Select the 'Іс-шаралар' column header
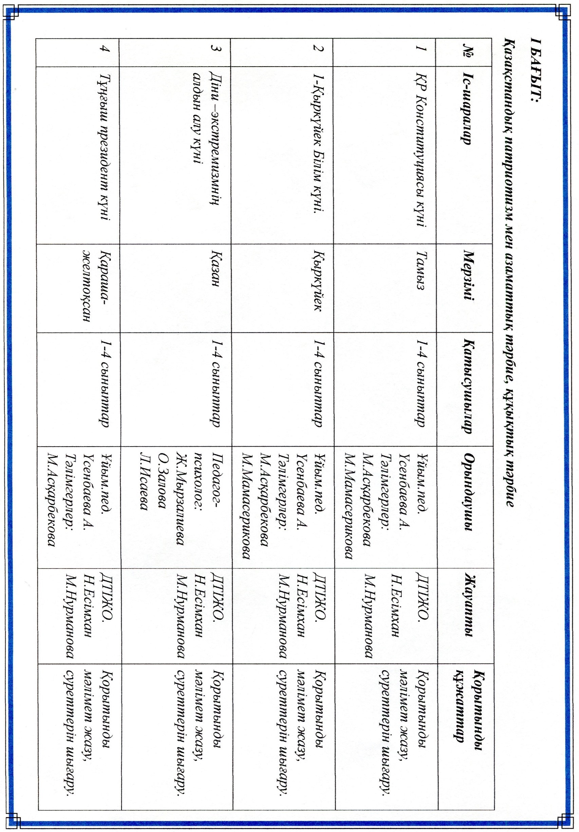[467, 109]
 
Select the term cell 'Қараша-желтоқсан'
[96, 286]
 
